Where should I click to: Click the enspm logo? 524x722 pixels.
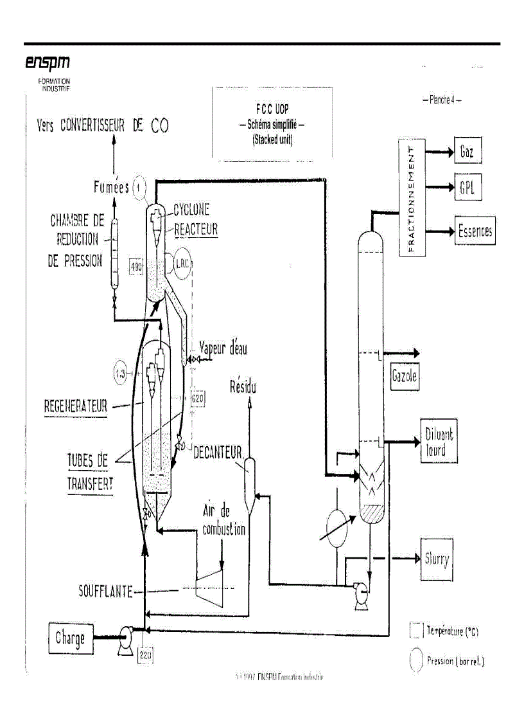(47, 62)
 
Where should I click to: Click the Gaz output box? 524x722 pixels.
(467, 151)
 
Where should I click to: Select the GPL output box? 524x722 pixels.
(467, 188)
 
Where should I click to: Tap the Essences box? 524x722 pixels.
(475, 231)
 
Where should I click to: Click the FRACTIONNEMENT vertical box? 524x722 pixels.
(412, 200)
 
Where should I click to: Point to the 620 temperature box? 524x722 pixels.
(197, 399)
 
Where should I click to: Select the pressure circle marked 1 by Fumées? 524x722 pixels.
(139, 188)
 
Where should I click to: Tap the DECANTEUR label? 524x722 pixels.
(217, 453)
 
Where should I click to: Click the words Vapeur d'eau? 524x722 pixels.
(223, 348)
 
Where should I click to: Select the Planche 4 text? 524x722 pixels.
(442, 100)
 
